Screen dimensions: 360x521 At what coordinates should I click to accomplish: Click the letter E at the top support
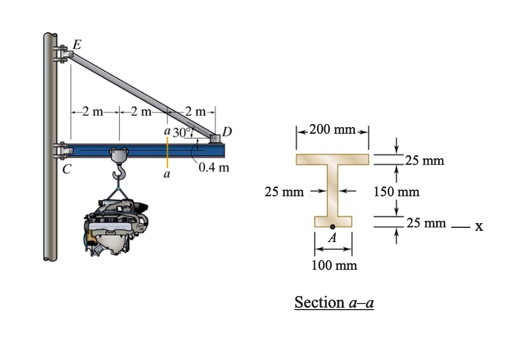(x=76, y=44)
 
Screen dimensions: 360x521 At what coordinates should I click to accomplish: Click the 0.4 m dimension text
(x=214, y=167)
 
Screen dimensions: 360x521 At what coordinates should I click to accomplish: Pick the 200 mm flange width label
(x=332, y=130)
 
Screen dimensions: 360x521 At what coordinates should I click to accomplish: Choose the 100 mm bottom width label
(x=334, y=265)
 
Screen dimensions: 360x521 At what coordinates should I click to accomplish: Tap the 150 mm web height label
(x=396, y=192)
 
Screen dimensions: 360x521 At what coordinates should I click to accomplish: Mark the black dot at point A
(x=332, y=227)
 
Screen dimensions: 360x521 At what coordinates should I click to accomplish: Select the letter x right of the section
(x=478, y=226)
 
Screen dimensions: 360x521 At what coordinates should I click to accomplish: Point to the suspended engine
(x=116, y=224)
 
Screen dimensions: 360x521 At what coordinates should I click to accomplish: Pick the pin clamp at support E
(x=62, y=53)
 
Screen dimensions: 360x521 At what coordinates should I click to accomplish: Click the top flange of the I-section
(x=332, y=159)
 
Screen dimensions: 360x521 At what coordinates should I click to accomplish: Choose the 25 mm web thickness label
(x=284, y=192)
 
